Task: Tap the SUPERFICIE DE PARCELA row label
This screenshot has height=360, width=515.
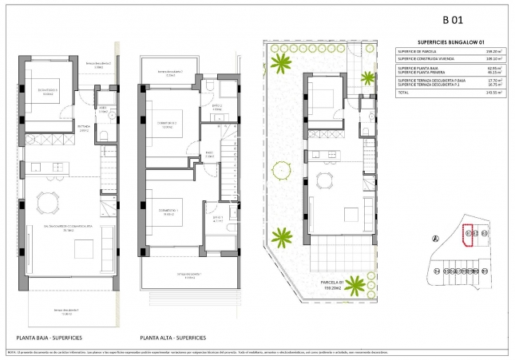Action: (422, 52)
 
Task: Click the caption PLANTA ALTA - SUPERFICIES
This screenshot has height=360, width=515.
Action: (174, 337)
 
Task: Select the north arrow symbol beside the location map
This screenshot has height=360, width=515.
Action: (435, 238)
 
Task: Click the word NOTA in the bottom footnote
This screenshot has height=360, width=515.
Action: (11, 351)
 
